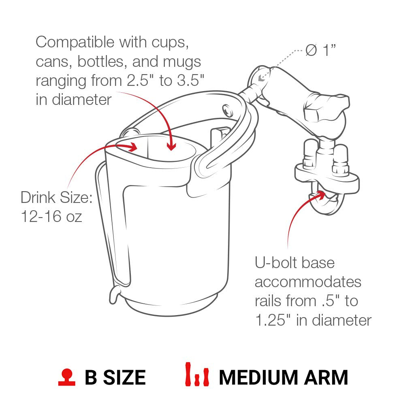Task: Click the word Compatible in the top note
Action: coord(75,42)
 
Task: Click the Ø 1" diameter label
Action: coord(320,50)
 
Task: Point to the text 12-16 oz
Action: coord(51,216)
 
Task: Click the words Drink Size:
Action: coord(56,197)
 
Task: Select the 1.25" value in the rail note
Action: coord(273,320)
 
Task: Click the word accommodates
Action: coord(308,282)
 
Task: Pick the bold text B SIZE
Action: coord(115,377)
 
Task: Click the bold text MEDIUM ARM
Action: coord(283,377)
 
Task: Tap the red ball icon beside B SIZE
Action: coord(67,377)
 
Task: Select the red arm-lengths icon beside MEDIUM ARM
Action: coord(197,374)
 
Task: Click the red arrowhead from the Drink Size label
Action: coord(132,147)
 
